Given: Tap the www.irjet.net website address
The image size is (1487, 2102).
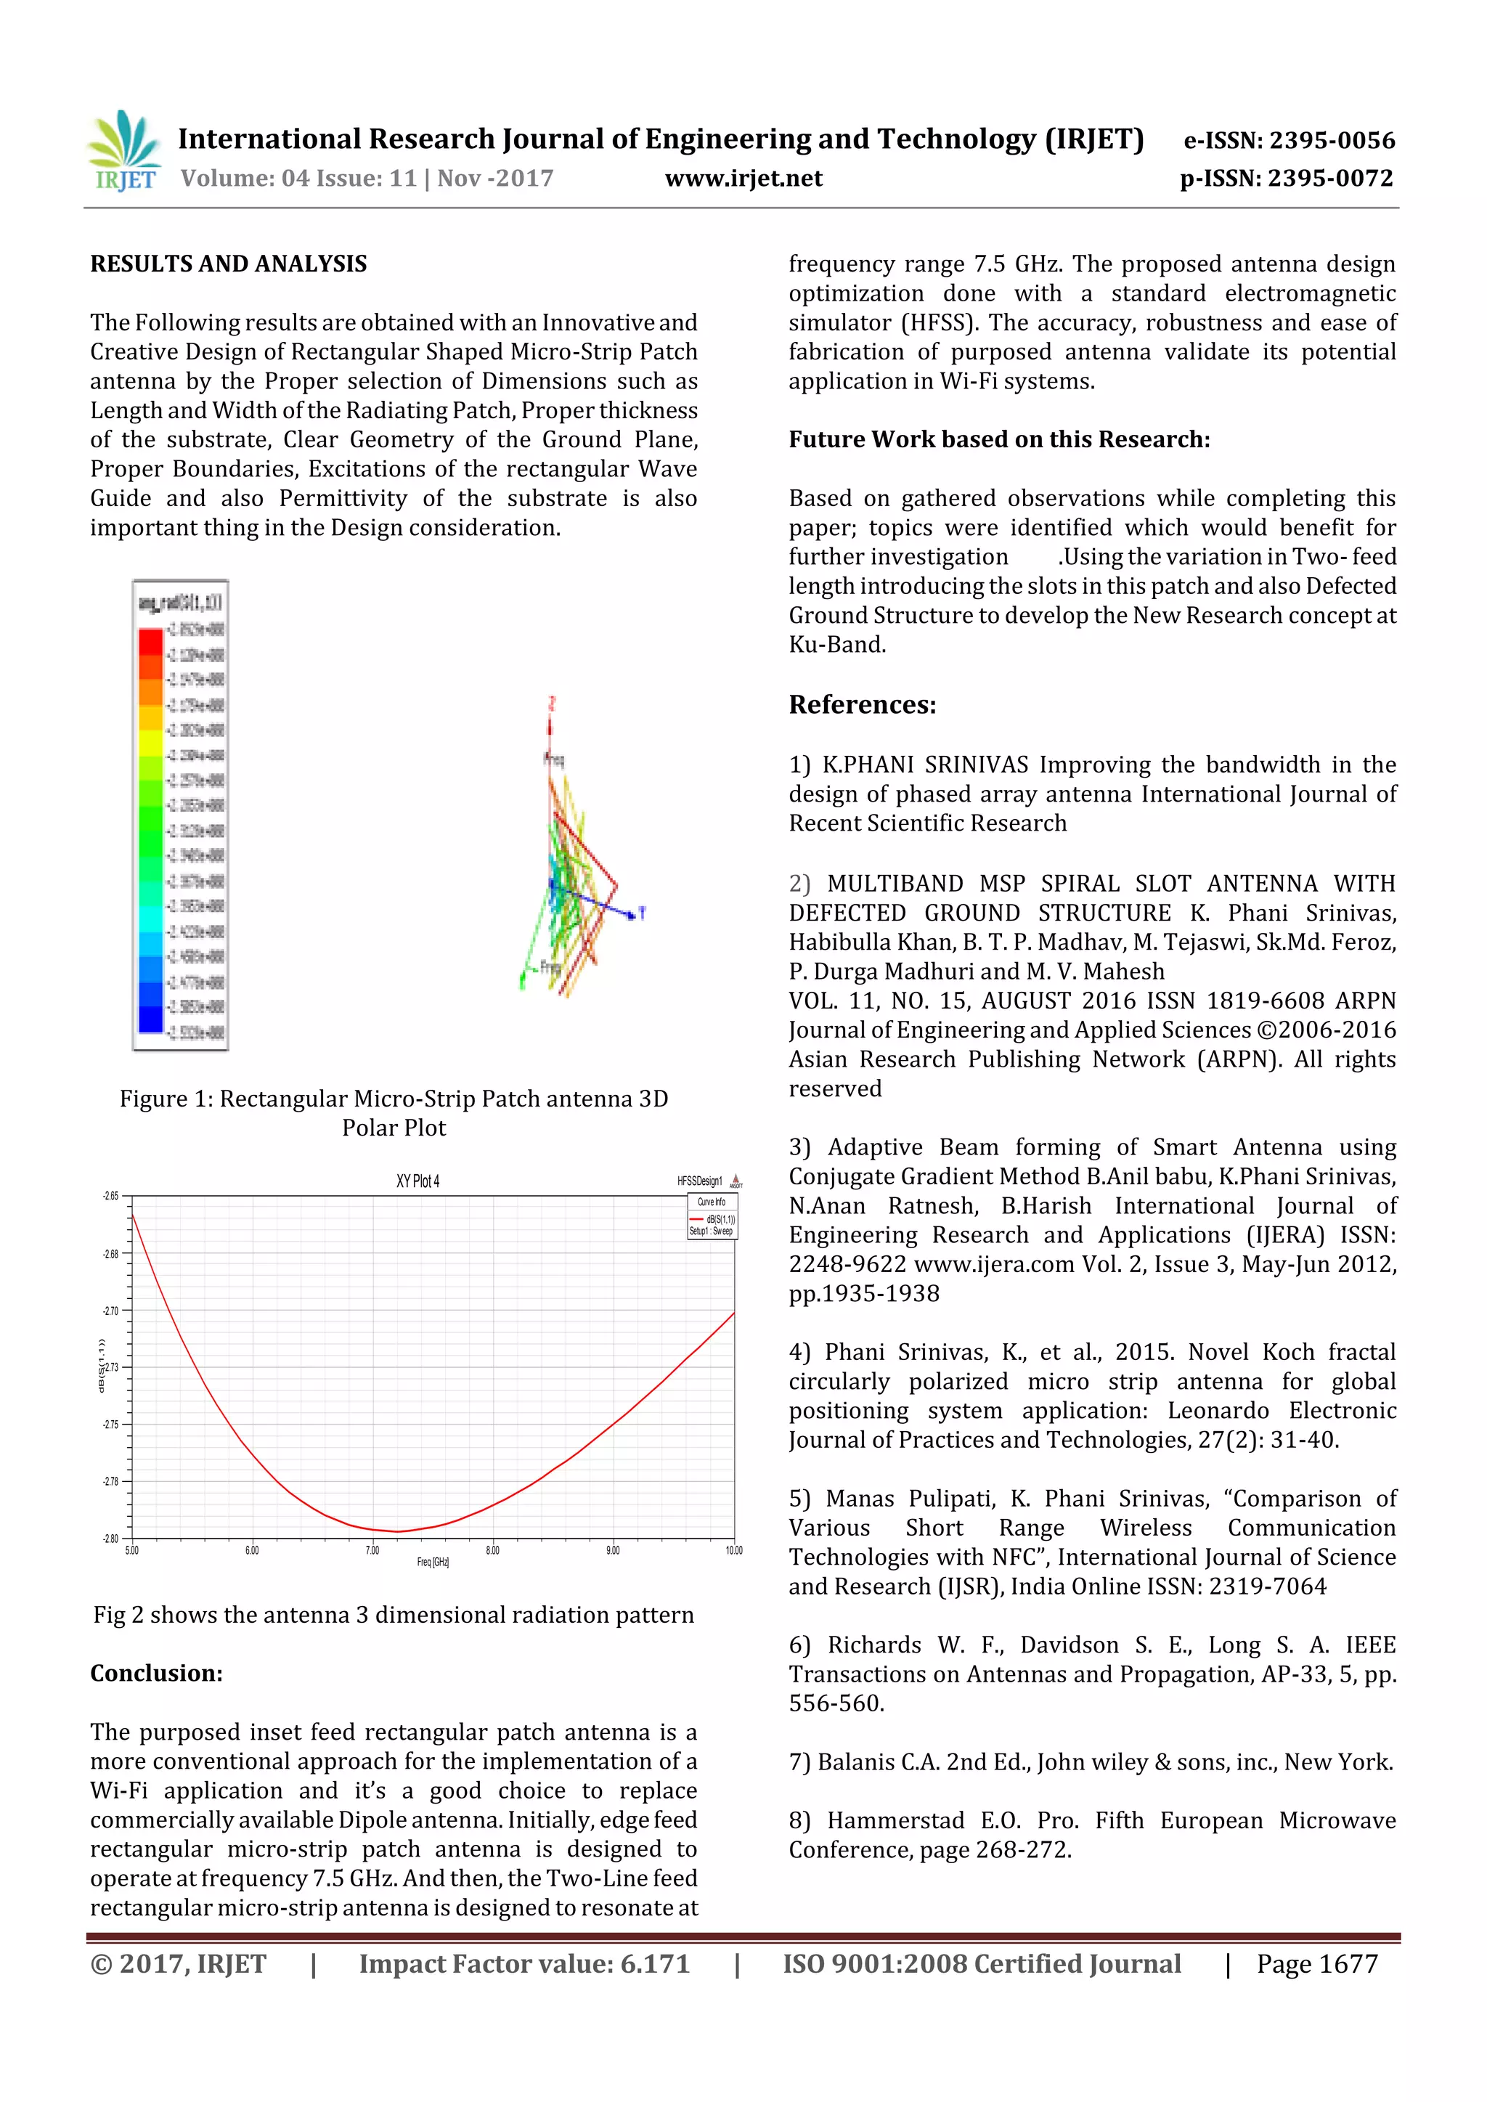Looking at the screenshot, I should tap(743, 179).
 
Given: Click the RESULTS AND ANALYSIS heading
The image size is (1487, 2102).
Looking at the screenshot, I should tap(228, 264).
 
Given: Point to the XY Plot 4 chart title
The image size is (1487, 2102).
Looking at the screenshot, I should tap(417, 1181).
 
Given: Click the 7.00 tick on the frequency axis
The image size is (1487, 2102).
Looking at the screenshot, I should tap(372, 1551).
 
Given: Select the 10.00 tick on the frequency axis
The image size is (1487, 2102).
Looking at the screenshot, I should tap(733, 1551).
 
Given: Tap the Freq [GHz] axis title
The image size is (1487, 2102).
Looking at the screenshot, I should tap(433, 1563).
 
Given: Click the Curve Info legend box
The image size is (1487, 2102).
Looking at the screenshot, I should tap(712, 1215).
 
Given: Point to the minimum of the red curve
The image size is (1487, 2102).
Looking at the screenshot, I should tap(396, 1531).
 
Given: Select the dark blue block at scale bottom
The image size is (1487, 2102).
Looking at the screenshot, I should tap(150, 1019).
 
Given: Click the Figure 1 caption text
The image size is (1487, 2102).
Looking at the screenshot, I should tap(394, 1112).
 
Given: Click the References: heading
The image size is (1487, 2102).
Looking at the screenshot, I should tap(863, 705).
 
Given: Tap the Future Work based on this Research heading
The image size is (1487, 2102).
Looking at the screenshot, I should tap(999, 440).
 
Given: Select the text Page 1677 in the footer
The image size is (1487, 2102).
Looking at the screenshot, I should tap(1316, 1965).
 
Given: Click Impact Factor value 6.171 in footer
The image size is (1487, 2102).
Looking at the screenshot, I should tap(523, 1965).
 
